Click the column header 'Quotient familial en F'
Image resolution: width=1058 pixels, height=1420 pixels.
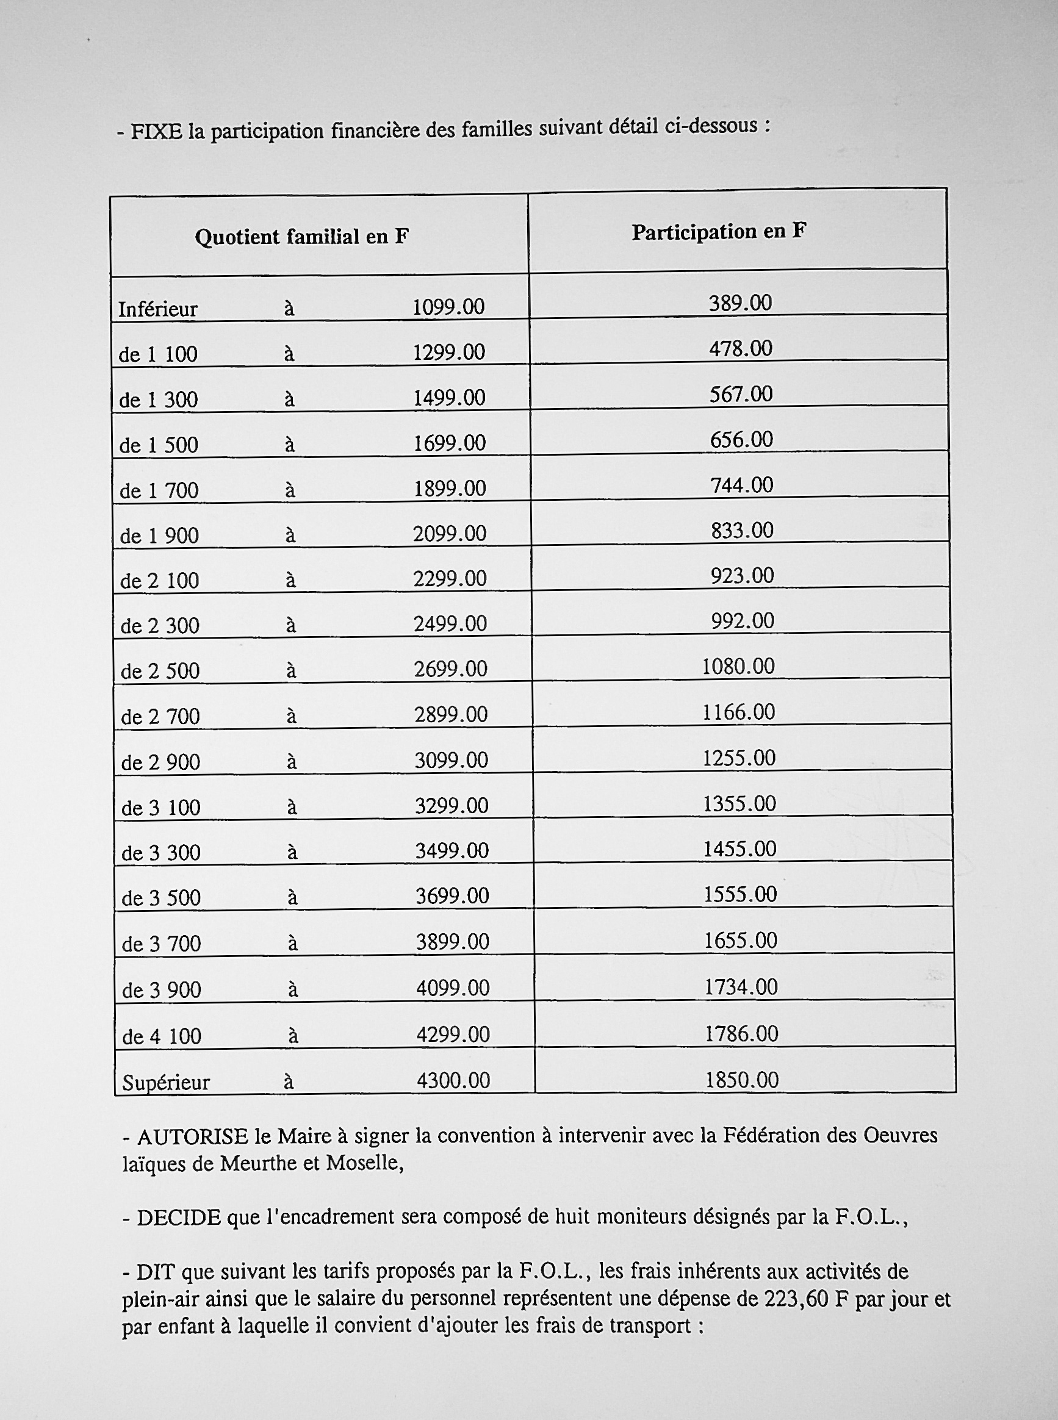coord(301,237)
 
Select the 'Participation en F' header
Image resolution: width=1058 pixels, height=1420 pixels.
coord(718,232)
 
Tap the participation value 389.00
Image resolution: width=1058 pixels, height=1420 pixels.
coord(740,302)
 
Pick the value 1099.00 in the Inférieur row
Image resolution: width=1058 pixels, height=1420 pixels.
coord(448,307)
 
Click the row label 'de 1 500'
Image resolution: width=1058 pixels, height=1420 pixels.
coord(159,445)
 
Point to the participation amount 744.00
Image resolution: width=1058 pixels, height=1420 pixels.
coord(741,485)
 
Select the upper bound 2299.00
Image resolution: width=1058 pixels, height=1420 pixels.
coord(450,579)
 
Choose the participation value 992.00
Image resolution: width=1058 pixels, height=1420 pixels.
coord(743,620)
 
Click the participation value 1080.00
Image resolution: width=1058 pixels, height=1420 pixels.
coord(738,667)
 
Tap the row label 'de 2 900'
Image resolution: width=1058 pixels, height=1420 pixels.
coord(160,762)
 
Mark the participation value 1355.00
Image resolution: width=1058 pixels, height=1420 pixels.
coord(740,803)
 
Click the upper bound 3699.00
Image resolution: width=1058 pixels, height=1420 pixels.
coord(452,895)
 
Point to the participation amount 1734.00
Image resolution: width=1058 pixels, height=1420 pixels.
coord(741,986)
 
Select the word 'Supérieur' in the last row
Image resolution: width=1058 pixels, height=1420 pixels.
coord(166,1083)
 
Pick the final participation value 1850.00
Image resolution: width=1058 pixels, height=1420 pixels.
coord(741,1081)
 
